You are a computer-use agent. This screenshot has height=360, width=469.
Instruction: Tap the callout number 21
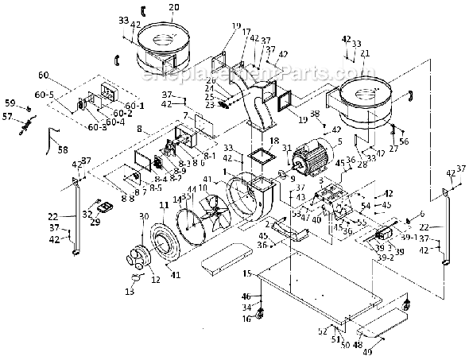coord(365,53)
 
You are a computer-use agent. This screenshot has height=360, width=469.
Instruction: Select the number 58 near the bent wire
coord(62,149)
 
